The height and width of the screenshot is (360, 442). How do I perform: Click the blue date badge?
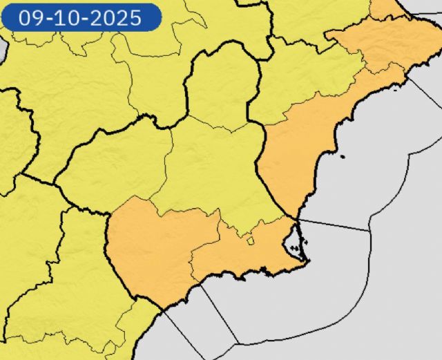(x=81, y=17)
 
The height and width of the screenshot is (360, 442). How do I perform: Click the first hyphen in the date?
(x=47, y=18)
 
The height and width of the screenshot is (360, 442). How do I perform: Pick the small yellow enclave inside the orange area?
(x=250, y=240)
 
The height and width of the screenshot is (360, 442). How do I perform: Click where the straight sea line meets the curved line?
(x=370, y=230)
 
